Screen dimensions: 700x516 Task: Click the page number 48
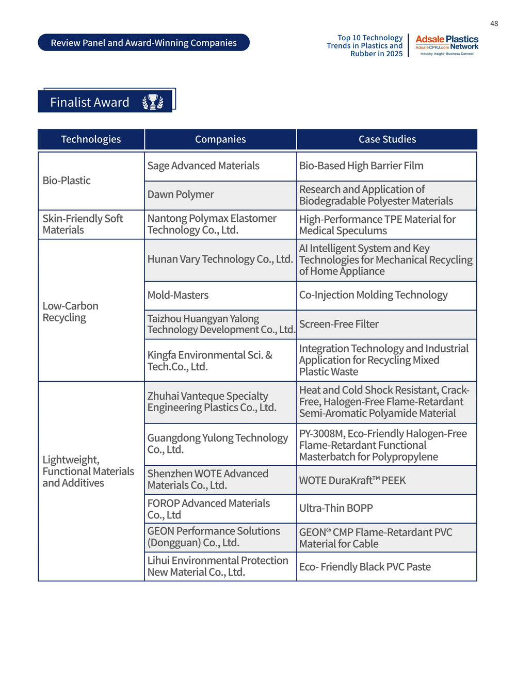(x=494, y=24)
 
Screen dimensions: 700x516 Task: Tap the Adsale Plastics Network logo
(x=447, y=45)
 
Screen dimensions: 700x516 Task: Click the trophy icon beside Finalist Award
(x=153, y=102)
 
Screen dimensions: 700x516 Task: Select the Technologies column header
(x=91, y=139)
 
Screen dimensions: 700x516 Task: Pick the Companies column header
(x=220, y=139)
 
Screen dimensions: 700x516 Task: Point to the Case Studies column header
(x=387, y=139)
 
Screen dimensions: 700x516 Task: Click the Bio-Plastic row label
(x=67, y=181)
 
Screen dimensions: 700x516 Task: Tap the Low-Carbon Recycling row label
(x=70, y=312)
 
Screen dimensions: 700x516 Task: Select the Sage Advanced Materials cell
(x=203, y=166)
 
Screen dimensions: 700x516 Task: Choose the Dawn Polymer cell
(x=181, y=194)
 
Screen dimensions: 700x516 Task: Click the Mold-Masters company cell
(x=178, y=295)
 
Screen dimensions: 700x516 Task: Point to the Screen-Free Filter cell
(x=339, y=324)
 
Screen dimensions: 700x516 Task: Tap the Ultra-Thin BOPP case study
(x=336, y=508)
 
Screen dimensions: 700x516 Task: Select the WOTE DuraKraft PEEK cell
(x=352, y=480)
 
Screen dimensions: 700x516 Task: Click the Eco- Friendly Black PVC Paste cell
(x=365, y=566)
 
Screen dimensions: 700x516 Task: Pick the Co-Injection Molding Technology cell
(x=374, y=295)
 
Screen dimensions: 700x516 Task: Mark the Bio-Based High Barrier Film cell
(x=361, y=166)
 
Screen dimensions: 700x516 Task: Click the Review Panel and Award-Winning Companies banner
(x=143, y=43)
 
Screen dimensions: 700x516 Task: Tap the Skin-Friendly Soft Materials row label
(x=83, y=224)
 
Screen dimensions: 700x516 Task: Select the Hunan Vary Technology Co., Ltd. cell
(x=220, y=259)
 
